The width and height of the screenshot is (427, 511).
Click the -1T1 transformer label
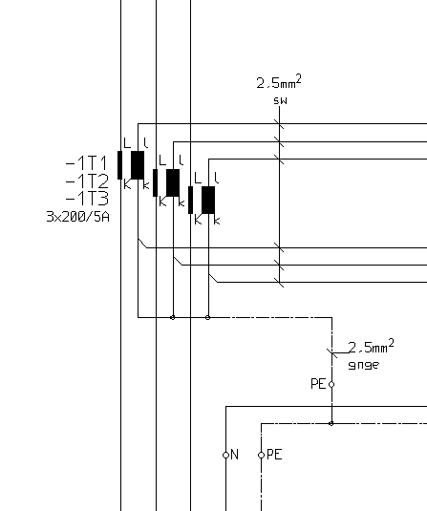click(86, 163)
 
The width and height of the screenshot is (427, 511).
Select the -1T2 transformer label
click(87, 181)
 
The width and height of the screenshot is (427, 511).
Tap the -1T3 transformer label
click(87, 199)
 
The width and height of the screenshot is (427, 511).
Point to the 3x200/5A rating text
click(78, 217)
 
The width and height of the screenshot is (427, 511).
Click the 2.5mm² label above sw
click(279, 82)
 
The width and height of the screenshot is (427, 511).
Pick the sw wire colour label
click(280, 101)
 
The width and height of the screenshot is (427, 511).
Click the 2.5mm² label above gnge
click(372, 347)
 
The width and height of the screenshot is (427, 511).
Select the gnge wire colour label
click(364, 365)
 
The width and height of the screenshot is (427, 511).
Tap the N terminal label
click(235, 455)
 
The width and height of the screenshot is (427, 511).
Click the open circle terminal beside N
click(225, 455)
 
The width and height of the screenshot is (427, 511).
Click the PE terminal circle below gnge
click(331, 385)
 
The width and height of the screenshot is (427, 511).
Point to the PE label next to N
click(274, 455)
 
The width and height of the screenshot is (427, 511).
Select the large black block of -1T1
click(138, 165)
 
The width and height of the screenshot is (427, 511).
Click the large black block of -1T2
click(173, 182)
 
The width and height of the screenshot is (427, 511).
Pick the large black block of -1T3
click(208, 200)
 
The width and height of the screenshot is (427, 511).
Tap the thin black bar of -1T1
click(120, 165)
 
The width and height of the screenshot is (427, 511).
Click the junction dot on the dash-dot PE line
click(331, 423)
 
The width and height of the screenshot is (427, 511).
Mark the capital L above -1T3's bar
click(198, 178)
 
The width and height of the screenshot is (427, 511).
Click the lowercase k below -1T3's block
click(217, 221)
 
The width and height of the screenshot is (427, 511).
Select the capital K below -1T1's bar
click(127, 184)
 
